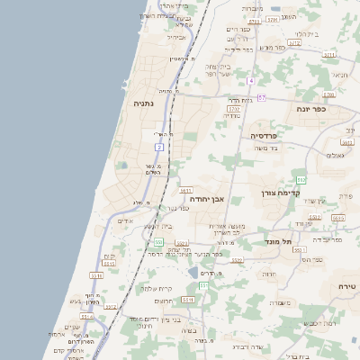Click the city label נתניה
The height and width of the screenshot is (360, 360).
144,103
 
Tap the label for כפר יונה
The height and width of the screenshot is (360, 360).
314,108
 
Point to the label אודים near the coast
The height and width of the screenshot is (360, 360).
126,220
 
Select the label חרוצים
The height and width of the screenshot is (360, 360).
164,301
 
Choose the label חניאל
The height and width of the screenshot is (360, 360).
338,76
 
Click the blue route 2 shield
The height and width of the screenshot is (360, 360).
159,146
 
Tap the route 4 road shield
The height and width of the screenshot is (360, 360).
252,81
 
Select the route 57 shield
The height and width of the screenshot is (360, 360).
262,97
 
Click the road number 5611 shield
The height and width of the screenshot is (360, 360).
184,191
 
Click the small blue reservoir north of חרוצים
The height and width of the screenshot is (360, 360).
193,273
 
